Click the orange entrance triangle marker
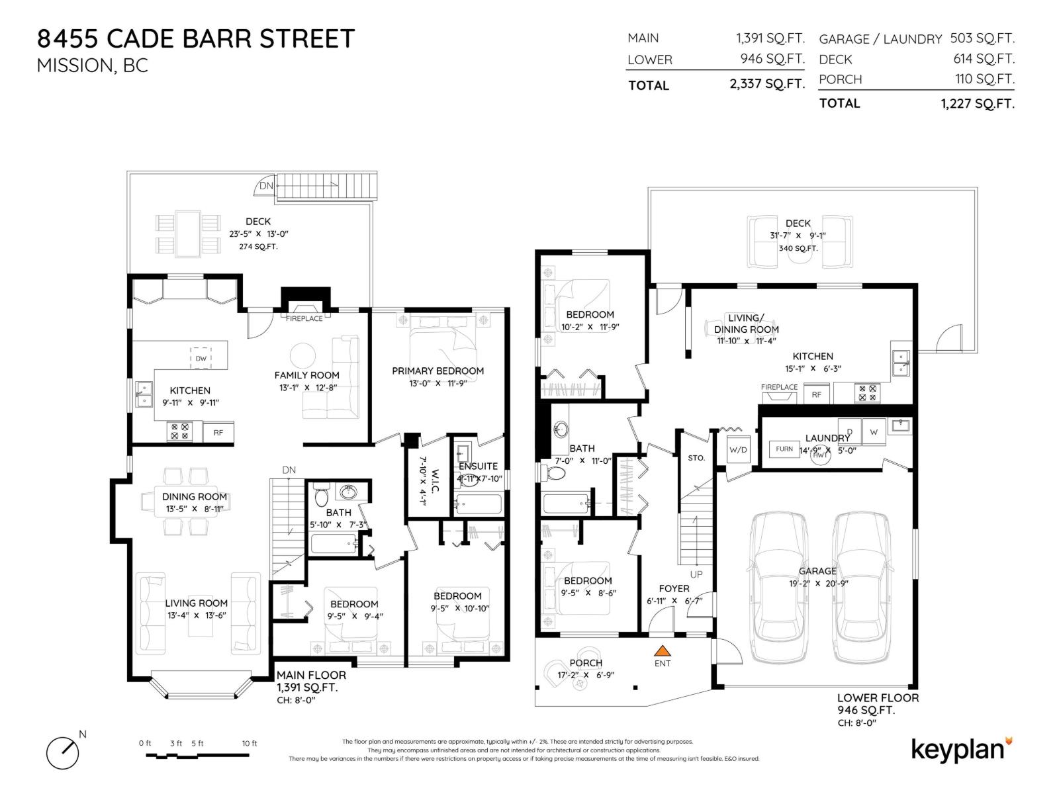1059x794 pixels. pyautogui.click(x=662, y=650)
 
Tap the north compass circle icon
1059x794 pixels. pyautogui.click(x=62, y=753)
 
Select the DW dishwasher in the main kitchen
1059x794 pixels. pyautogui.click(x=201, y=358)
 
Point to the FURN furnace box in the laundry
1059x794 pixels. pyautogui.click(x=784, y=449)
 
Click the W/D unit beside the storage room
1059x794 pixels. pyautogui.click(x=738, y=450)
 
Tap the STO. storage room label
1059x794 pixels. pyautogui.click(x=696, y=458)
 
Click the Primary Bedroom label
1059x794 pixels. pyautogui.click(x=437, y=371)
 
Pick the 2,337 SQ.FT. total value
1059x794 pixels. pyautogui.click(x=767, y=85)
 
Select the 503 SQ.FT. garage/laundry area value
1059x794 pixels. pyautogui.click(x=982, y=38)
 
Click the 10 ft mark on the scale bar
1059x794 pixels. pyautogui.click(x=250, y=743)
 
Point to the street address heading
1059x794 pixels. pyautogui.click(x=196, y=38)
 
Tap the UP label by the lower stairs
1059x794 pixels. pyautogui.click(x=696, y=574)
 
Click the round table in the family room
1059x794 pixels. pyautogui.click(x=302, y=355)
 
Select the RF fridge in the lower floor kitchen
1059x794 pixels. pyautogui.click(x=816, y=394)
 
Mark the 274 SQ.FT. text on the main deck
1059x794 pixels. pyautogui.click(x=258, y=247)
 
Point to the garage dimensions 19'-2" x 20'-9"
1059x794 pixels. pyautogui.click(x=818, y=584)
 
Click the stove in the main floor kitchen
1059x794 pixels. pyautogui.click(x=179, y=431)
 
